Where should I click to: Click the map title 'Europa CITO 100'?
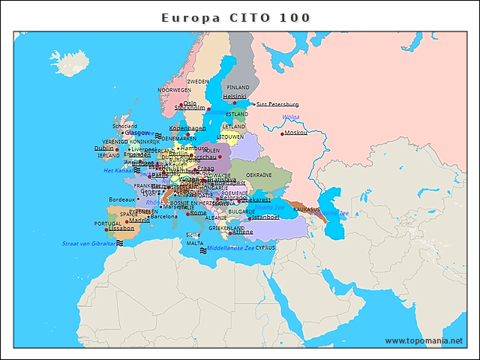click(x=236, y=17)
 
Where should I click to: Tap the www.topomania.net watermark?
click(x=424, y=341)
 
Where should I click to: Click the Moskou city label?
click(x=297, y=133)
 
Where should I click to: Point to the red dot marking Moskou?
click(x=283, y=133)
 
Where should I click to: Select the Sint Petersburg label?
click(x=277, y=104)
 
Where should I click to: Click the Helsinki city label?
click(x=235, y=96)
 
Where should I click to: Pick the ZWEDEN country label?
click(x=198, y=81)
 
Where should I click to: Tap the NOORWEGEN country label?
click(x=174, y=89)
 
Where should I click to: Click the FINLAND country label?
click(x=238, y=87)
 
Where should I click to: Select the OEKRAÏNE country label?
click(x=280, y=174)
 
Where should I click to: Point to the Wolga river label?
click(x=291, y=117)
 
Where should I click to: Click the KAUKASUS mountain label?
click(x=307, y=209)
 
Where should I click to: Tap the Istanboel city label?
click(x=264, y=217)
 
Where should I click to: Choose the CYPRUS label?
click(x=265, y=247)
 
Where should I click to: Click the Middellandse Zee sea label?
click(x=231, y=247)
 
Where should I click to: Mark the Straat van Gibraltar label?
click(x=89, y=243)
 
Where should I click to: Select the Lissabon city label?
click(x=121, y=228)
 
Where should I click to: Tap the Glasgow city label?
click(x=137, y=133)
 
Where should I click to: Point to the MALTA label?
click(x=195, y=243)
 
